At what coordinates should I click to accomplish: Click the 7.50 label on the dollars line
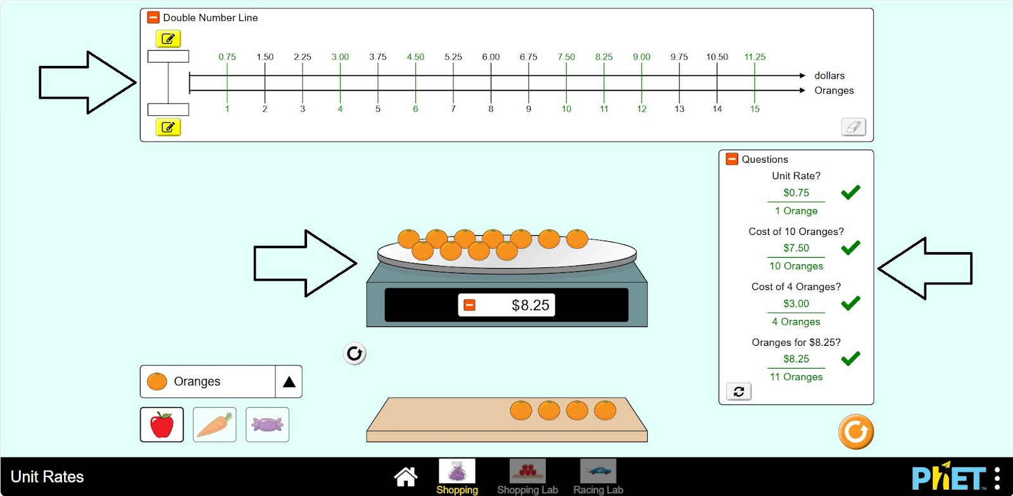(x=566, y=57)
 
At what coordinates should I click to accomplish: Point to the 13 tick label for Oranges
(x=679, y=108)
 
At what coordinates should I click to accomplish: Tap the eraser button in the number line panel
(x=853, y=127)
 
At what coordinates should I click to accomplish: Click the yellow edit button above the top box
(x=168, y=39)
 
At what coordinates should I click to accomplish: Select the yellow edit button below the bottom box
(x=168, y=127)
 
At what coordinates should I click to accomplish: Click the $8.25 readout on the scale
(x=531, y=305)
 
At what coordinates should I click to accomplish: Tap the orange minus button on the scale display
(x=469, y=305)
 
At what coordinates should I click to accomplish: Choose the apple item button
(x=162, y=424)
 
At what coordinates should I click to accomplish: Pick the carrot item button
(x=215, y=424)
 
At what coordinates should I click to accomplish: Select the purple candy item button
(x=267, y=424)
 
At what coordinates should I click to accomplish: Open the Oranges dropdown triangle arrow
(x=289, y=382)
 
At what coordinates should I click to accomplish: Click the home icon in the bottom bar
(x=406, y=476)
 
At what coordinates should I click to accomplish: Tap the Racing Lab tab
(x=598, y=477)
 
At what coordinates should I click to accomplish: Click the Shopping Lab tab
(x=527, y=477)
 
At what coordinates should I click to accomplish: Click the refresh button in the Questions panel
(x=739, y=391)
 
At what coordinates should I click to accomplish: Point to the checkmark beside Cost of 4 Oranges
(x=851, y=303)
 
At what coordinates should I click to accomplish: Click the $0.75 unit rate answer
(x=796, y=193)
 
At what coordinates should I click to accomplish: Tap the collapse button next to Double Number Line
(x=153, y=18)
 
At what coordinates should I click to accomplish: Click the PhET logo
(x=949, y=476)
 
